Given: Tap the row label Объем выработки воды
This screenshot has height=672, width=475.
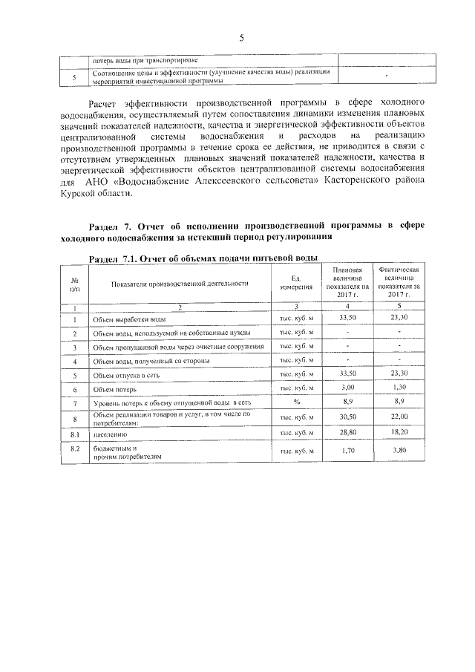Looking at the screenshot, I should (x=124, y=319).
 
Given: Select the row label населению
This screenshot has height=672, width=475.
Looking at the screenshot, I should (x=110, y=432).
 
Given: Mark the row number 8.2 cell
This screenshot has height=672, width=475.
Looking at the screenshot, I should (x=74, y=448).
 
